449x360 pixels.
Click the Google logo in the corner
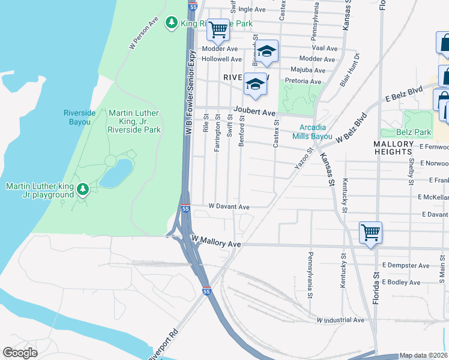click(20, 353)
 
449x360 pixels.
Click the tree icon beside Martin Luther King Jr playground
click(83, 190)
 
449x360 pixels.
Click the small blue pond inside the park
click(115, 173)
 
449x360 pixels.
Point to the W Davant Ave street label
click(228, 206)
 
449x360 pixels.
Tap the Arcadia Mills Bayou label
click(316, 131)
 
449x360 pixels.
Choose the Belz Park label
click(414, 131)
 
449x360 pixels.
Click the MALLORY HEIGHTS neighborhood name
click(393, 148)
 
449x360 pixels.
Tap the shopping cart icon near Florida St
click(370, 232)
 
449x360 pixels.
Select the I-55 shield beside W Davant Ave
click(185, 208)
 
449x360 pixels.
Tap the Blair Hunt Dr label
click(349, 70)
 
